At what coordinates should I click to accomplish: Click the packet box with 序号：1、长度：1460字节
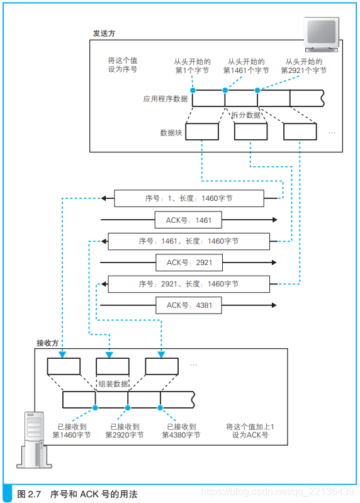coord(189,198)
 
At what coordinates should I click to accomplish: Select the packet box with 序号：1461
coord(189,241)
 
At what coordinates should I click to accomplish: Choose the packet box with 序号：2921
coord(189,284)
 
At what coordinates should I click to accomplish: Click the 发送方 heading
coord(104,33)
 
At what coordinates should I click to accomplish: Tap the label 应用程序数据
coord(165,98)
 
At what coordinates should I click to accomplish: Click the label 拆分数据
coord(245,115)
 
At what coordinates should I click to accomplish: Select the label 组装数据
coord(113,383)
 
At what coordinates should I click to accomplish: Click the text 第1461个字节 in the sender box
coord(246,71)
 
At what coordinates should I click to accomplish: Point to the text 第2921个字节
coord(303,71)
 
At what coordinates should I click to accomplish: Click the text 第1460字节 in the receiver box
coord(71,435)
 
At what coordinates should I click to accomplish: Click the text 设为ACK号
coord(250,435)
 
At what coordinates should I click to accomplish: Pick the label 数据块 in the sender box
coord(171,133)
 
